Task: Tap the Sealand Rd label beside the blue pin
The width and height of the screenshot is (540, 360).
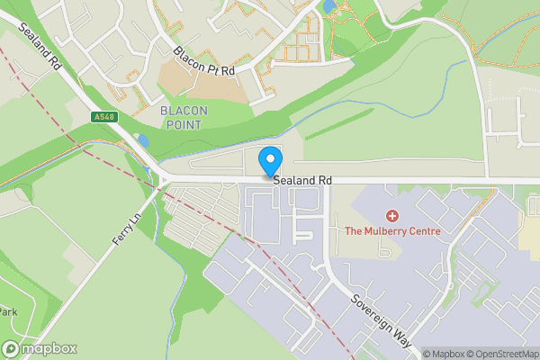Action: [x=302, y=181]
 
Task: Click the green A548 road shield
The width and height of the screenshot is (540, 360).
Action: [x=104, y=117]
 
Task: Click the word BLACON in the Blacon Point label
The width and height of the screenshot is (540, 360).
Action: [x=184, y=111]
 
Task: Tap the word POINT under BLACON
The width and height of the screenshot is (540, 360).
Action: [x=184, y=124]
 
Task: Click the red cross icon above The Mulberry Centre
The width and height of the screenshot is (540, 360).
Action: [x=391, y=216]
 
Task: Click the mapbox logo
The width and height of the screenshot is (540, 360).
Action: [x=40, y=348]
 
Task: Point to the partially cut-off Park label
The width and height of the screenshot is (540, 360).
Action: [x=8, y=311]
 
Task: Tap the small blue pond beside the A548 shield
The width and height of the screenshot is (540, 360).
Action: [x=143, y=140]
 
